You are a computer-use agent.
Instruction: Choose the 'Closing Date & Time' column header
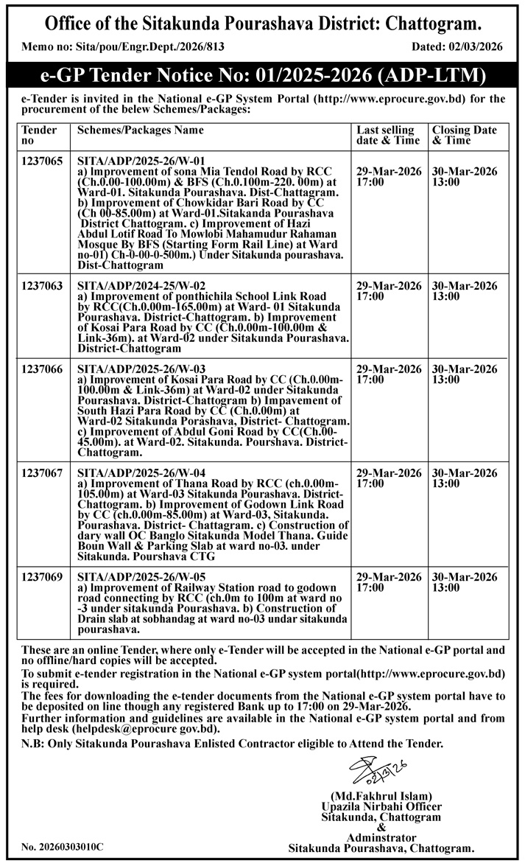coord(464,135)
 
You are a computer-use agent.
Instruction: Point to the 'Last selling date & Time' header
coord(386,135)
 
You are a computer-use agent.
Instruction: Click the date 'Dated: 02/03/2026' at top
coord(457,46)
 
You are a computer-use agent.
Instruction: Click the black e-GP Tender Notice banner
coord(262,76)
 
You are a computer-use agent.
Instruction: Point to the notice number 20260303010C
coord(63,848)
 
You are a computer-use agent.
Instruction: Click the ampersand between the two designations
coord(381,828)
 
